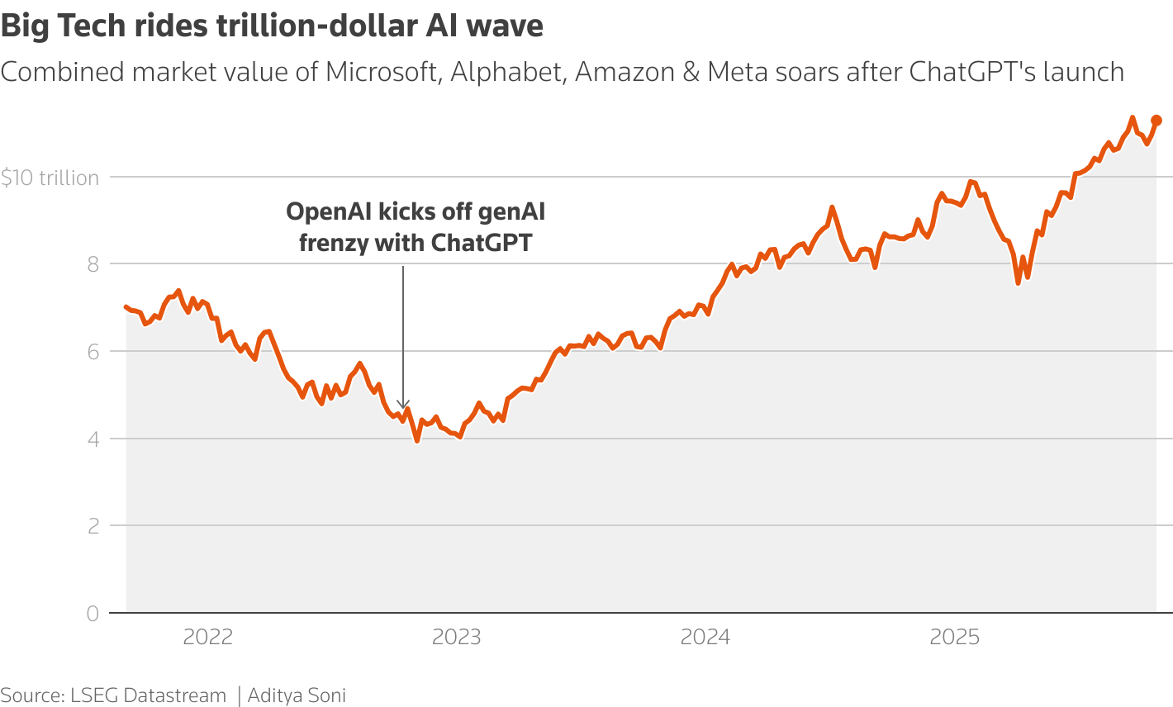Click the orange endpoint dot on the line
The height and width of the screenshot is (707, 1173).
point(1156,121)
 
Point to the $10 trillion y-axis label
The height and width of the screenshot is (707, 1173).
point(50,178)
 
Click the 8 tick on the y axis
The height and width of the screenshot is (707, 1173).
point(93,264)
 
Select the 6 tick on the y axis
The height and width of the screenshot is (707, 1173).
point(93,352)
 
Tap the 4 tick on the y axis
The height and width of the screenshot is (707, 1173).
point(93,439)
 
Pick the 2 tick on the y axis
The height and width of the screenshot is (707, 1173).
point(93,526)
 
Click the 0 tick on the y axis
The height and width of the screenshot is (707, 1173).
point(93,614)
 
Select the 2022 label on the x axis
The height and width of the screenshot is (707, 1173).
point(208,637)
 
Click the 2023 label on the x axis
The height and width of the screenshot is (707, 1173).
point(457,637)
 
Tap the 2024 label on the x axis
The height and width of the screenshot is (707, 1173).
point(705,637)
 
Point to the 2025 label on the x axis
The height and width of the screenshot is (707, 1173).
point(954,637)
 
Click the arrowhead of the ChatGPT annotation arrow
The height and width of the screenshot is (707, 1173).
point(403,404)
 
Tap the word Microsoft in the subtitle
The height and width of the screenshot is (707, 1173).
point(381,73)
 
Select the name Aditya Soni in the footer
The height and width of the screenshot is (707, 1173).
point(297,695)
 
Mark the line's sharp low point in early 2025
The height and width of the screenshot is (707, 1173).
point(1019,282)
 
